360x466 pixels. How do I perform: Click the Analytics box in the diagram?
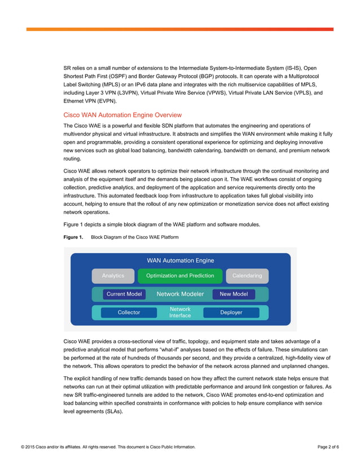pyautogui.click(x=113, y=276)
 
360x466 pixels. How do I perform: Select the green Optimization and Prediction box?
pyautogui.click(x=180, y=276)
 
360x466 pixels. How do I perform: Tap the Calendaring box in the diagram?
pyautogui.click(x=247, y=276)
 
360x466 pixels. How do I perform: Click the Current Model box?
pyautogui.click(x=124, y=294)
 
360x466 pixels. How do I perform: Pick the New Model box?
pyautogui.click(x=234, y=294)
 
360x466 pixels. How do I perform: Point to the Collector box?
pyautogui.click(x=129, y=313)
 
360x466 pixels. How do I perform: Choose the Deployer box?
pyautogui.click(x=231, y=313)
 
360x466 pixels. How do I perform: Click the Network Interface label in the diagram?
pyautogui.click(x=180, y=313)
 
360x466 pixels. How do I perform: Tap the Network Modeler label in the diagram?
pyautogui.click(x=179, y=294)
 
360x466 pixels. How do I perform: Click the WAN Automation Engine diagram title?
pyautogui.click(x=180, y=261)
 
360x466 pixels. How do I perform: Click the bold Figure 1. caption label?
pyautogui.click(x=73, y=238)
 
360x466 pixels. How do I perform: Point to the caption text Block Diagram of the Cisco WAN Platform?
pyautogui.click(x=135, y=238)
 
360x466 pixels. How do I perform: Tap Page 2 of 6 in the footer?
pyautogui.click(x=328, y=447)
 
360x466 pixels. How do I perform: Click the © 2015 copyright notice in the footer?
pyautogui.click(x=108, y=447)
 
